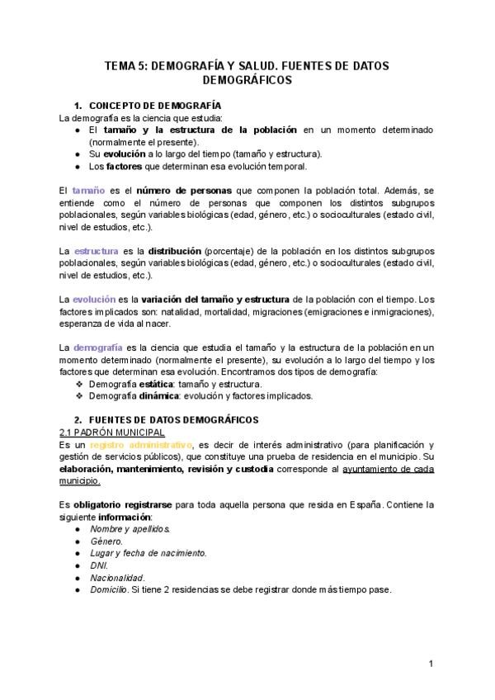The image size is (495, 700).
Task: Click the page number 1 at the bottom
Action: pyautogui.click(x=431, y=664)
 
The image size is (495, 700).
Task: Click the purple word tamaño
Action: pyautogui.click(x=88, y=192)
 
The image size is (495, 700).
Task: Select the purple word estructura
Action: pyautogui.click(x=96, y=250)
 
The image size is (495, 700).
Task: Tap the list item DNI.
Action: pyautogui.click(x=98, y=565)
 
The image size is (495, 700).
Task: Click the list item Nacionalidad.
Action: pyautogui.click(x=117, y=578)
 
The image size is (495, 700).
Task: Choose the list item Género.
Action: pyautogui.click(x=106, y=541)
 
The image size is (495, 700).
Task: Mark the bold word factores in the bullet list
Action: pyautogui.click(x=124, y=166)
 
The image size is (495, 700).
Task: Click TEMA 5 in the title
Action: pyautogui.click(x=125, y=65)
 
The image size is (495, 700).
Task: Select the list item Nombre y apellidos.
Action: pyautogui.click(x=130, y=528)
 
